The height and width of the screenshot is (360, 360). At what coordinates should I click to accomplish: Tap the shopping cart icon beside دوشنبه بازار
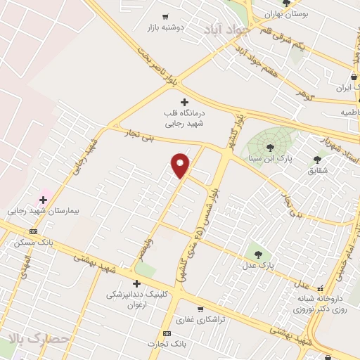click(165, 16)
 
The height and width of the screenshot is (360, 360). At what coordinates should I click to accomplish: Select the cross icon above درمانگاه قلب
click(184, 103)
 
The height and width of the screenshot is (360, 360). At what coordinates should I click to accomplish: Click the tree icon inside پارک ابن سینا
click(271, 147)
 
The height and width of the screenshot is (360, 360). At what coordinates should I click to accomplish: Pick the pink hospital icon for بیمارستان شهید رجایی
click(43, 200)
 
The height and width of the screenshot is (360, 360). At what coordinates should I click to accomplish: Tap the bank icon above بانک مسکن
click(32, 231)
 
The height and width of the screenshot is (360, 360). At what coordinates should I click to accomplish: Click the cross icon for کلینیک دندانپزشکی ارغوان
click(136, 283)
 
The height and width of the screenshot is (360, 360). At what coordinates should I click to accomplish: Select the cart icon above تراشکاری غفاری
click(200, 309)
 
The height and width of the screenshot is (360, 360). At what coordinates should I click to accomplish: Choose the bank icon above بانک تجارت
click(167, 333)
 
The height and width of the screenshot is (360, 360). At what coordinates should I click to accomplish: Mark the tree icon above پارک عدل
click(257, 255)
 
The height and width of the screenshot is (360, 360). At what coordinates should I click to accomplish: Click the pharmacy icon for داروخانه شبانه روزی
click(321, 288)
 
